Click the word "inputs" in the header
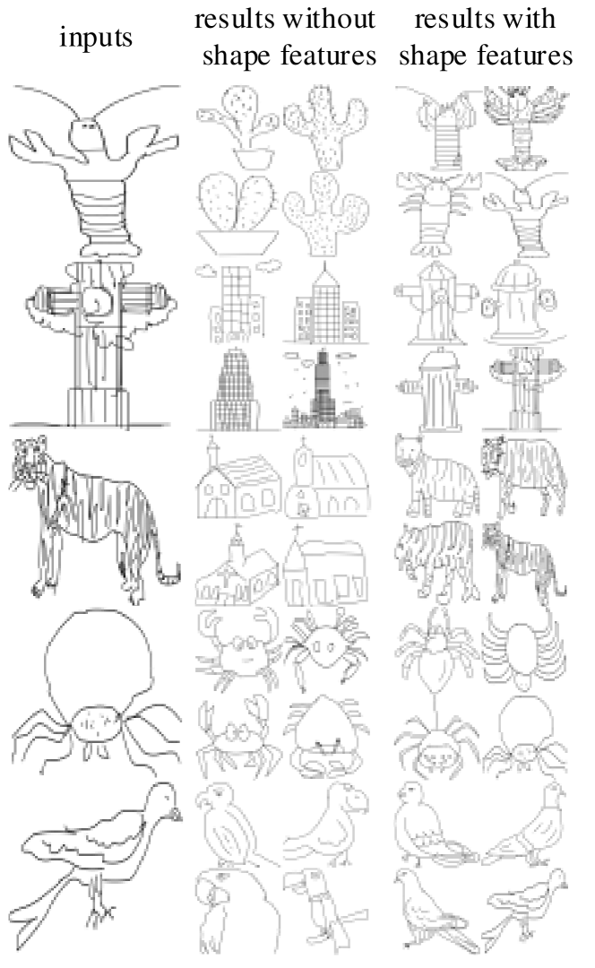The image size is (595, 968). [96, 39]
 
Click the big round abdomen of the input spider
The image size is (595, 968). [99, 653]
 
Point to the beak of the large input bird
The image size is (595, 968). [177, 814]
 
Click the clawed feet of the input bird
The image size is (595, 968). [100, 911]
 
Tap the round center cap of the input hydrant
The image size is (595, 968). [97, 302]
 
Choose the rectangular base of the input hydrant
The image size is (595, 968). [99, 407]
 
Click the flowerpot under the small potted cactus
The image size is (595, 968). [254, 159]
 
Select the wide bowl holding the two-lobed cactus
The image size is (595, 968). [237, 241]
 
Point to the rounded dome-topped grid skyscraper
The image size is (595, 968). [235, 389]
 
